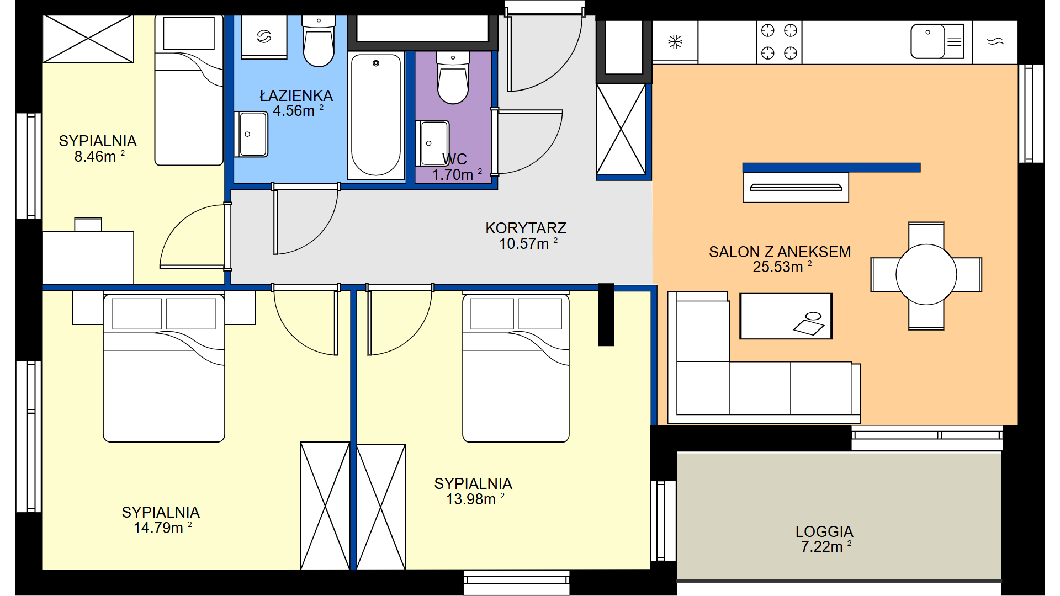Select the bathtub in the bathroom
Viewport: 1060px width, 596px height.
376,115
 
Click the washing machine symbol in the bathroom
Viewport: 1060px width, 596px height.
264,36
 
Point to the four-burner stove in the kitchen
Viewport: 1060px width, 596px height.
779,42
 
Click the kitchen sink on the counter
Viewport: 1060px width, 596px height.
937,41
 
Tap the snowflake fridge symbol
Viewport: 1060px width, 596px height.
675,41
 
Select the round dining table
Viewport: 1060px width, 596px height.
926,274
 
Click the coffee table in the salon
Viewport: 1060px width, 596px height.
786,316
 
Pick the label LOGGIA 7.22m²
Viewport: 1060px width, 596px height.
824,539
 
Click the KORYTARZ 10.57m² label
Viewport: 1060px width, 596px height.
526,236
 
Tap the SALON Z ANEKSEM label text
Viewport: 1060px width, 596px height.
780,252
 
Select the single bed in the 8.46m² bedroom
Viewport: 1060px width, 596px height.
189,90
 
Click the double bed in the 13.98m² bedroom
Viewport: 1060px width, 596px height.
516,368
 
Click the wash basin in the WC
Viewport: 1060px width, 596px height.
432,143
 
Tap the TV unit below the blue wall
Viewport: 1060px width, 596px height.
796,188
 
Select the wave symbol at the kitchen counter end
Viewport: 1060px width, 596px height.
995,41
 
